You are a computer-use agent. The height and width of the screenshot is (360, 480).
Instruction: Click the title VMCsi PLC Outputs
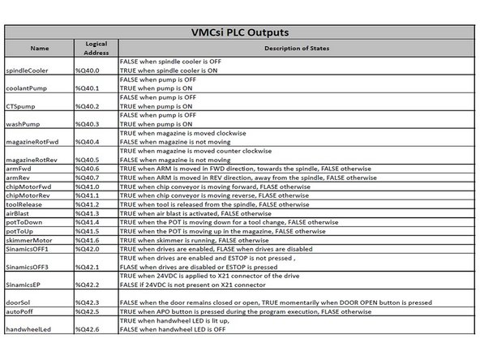coord(239,33)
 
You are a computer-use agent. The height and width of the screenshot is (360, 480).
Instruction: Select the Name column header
coord(40,48)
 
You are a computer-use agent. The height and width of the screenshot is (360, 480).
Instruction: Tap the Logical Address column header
coord(96,48)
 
